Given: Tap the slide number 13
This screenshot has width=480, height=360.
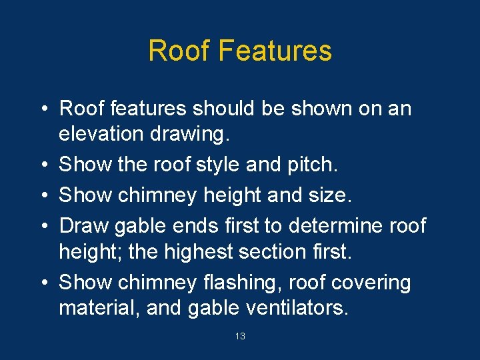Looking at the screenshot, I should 240,337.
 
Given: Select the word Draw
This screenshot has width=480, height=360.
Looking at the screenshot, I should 83,225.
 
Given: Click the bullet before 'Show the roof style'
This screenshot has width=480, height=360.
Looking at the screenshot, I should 42,165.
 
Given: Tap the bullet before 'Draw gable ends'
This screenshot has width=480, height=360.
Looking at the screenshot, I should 42,226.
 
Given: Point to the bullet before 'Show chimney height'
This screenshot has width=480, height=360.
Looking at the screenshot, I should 42,195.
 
